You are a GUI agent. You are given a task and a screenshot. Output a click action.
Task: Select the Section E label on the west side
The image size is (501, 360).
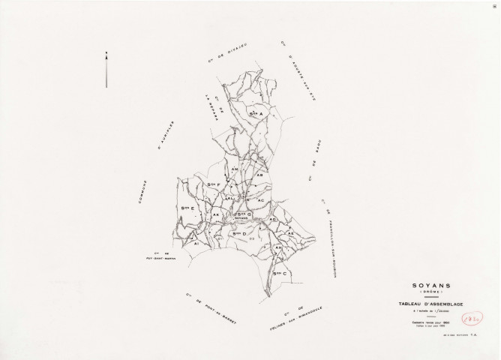click(x=187, y=208)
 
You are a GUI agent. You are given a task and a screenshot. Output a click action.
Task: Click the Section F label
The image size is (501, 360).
click(x=214, y=184)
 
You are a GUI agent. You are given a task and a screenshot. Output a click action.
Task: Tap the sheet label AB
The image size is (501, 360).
click(x=260, y=175)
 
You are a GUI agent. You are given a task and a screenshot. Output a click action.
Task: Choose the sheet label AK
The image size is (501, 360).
click(x=215, y=215)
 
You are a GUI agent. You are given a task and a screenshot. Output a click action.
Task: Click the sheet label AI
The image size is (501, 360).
click(x=196, y=243)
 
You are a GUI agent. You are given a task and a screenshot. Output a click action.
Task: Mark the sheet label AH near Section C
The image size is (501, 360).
click(x=279, y=247)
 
